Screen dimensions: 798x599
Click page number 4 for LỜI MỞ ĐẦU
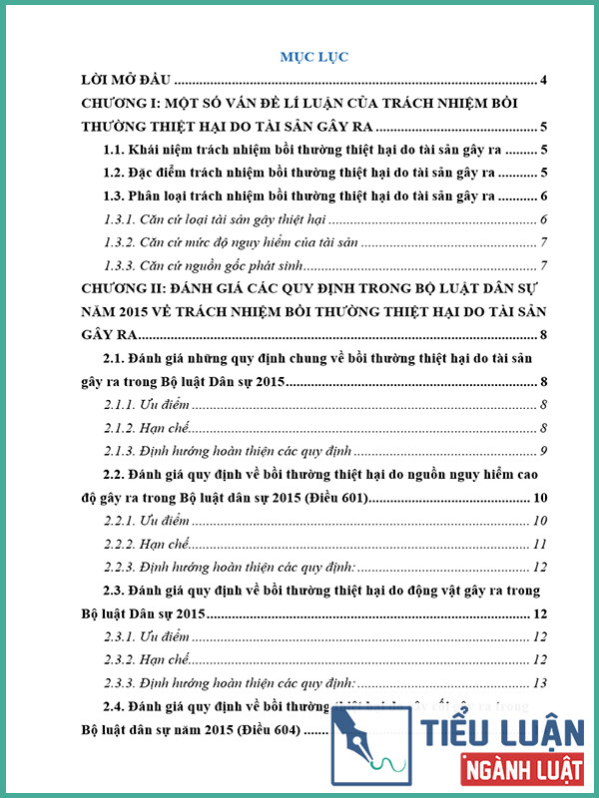pyautogui.click(x=541, y=80)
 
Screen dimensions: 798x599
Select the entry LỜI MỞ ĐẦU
pyautogui.click(x=127, y=80)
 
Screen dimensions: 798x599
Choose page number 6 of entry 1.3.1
pyautogui.click(x=541, y=219)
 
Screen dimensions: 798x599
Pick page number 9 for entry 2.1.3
pyautogui.click(x=541, y=450)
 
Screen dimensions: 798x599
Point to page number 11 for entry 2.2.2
pyautogui.click(x=539, y=544)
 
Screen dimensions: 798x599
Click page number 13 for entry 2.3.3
pyautogui.click(x=539, y=682)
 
